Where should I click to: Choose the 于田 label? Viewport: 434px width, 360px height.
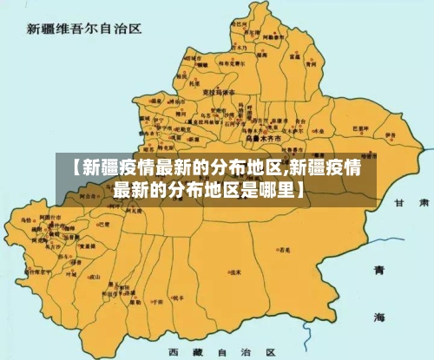point(157,302)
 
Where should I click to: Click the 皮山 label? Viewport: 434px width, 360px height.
point(95,278)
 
